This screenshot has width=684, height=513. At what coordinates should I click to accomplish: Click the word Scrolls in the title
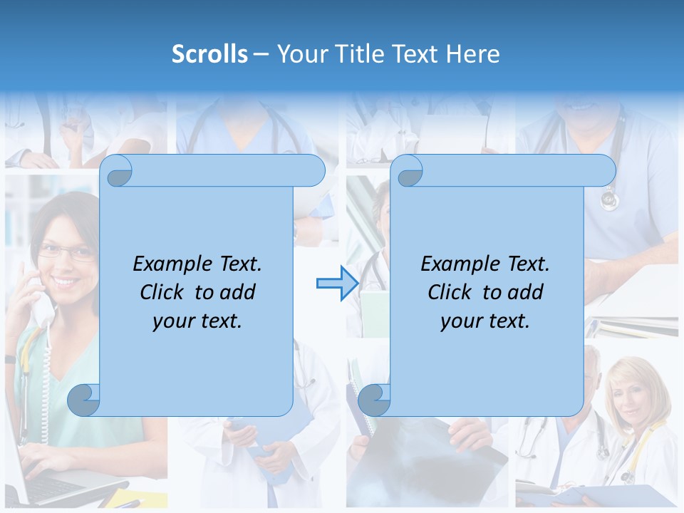tap(209, 54)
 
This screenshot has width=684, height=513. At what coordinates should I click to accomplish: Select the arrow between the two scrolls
tap(337, 283)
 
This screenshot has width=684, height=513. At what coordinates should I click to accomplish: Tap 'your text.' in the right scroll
tap(485, 321)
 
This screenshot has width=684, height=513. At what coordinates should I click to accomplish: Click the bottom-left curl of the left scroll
tap(84, 400)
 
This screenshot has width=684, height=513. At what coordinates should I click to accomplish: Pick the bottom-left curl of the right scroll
tap(373, 400)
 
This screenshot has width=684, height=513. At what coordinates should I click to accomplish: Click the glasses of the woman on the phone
tap(66, 251)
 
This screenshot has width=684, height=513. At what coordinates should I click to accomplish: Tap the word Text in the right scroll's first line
tap(528, 264)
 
